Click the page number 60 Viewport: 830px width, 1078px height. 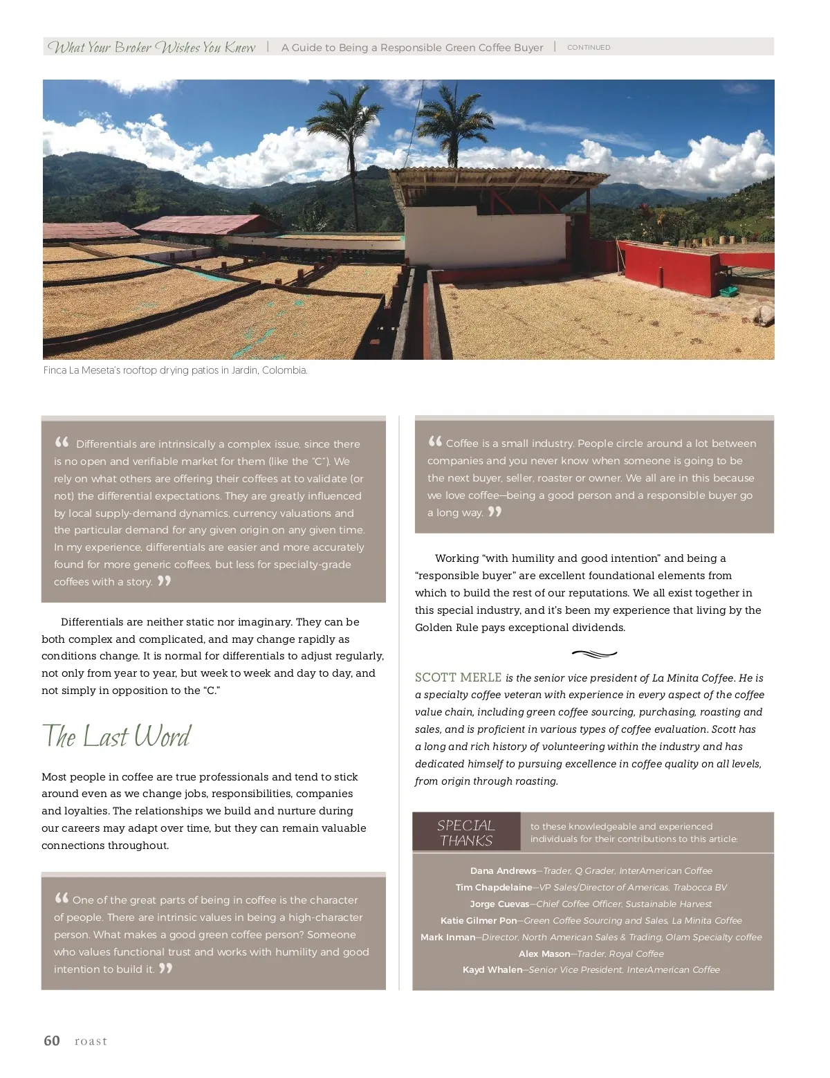(x=52, y=1041)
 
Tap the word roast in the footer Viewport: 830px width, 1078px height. (x=91, y=1041)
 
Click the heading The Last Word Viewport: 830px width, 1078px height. (x=116, y=736)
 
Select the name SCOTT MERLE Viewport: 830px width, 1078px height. (x=458, y=677)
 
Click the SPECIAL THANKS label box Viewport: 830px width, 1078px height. (x=466, y=832)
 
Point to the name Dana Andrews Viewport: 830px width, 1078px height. (x=503, y=871)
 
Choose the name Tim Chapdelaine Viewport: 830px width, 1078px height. (x=494, y=888)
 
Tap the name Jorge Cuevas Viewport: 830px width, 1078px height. (x=499, y=904)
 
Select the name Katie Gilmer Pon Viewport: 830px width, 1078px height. (x=479, y=921)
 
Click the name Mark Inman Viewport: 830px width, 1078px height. (x=448, y=938)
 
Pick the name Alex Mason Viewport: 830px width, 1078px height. (x=544, y=954)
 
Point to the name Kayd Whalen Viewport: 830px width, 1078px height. (x=492, y=970)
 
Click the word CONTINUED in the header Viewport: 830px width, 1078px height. (x=589, y=48)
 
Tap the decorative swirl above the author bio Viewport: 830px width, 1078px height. (x=594, y=653)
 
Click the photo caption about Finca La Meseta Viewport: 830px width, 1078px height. (x=175, y=371)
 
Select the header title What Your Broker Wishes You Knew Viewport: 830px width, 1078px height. (x=151, y=48)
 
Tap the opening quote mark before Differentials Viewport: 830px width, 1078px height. (x=62, y=442)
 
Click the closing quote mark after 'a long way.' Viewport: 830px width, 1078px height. (x=495, y=512)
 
